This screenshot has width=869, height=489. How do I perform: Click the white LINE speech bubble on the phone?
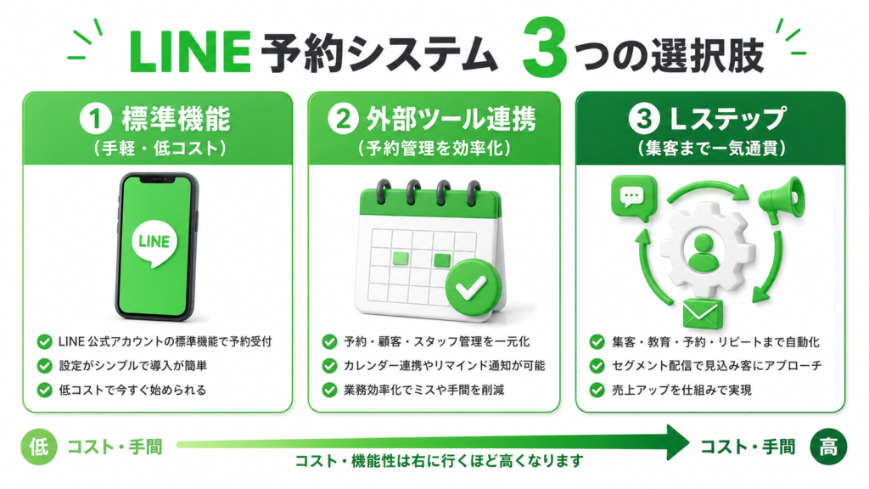pyautogui.click(x=154, y=244)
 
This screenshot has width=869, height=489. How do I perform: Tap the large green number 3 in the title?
pyautogui.click(x=544, y=48)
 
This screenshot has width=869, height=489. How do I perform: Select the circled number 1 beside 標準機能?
pyautogui.click(x=96, y=119)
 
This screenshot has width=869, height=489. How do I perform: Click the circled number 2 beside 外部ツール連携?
pyautogui.click(x=343, y=119)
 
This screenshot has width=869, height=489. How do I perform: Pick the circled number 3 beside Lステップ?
pyautogui.click(x=644, y=119)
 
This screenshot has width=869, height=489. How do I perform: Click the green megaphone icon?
pyautogui.click(x=782, y=200)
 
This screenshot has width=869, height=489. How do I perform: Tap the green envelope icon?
pyautogui.click(x=703, y=314)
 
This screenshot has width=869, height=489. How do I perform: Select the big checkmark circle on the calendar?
pyautogui.click(x=473, y=287)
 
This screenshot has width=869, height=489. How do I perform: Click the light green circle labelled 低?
pyautogui.click(x=39, y=447)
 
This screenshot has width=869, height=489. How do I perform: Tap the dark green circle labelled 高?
pyautogui.click(x=828, y=447)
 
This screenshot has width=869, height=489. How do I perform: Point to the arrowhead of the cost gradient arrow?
pyautogui.click(x=677, y=443)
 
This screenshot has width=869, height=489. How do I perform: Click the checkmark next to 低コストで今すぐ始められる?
pyautogui.click(x=44, y=391)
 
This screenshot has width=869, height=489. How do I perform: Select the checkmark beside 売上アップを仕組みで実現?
pyautogui.click(x=597, y=391)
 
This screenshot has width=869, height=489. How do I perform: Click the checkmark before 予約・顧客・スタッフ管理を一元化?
pyautogui.click(x=329, y=342)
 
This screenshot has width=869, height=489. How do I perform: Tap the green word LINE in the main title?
pyautogui.click(x=189, y=52)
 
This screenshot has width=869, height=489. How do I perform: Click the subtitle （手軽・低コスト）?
pyautogui.click(x=160, y=148)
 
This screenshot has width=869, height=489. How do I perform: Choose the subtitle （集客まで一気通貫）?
pyautogui.click(x=712, y=148)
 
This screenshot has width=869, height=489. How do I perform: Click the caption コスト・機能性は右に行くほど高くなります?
pyautogui.click(x=439, y=461)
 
